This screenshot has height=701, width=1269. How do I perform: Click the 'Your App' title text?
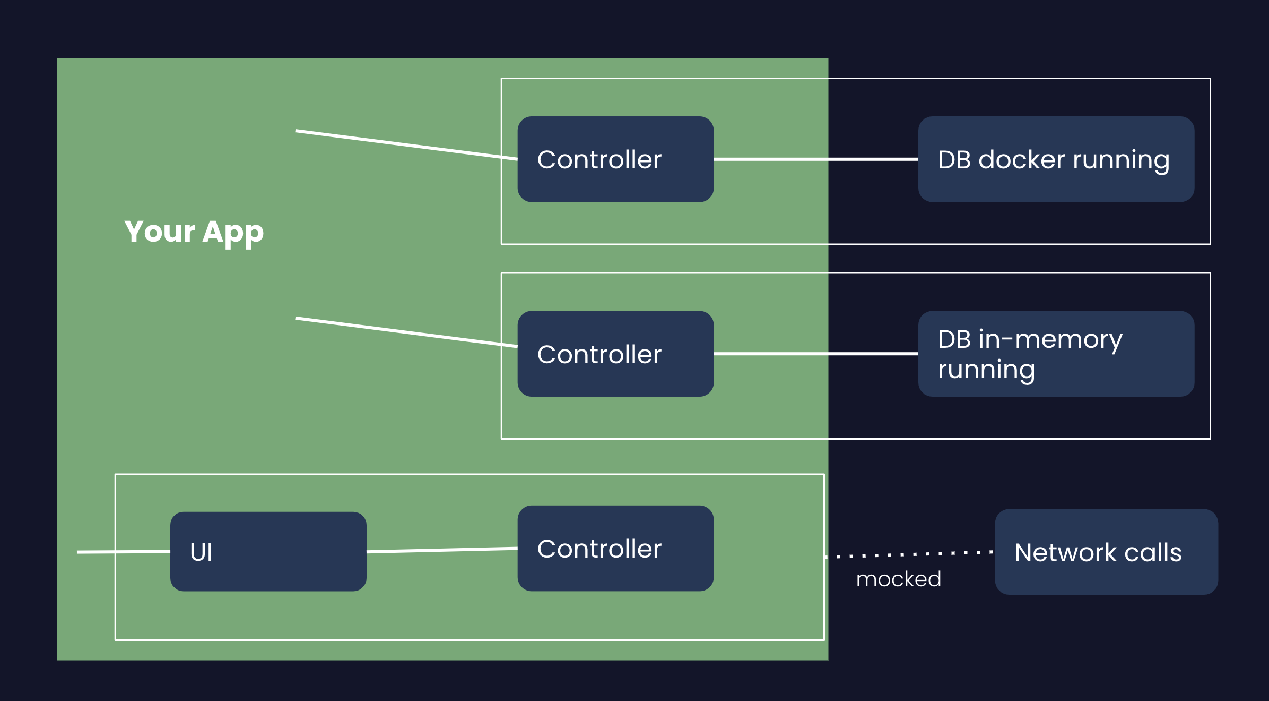pos(194,232)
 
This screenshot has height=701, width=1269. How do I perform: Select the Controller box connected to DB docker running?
pos(615,159)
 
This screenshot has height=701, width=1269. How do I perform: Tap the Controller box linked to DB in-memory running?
pos(615,354)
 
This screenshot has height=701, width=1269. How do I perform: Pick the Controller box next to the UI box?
pos(615,548)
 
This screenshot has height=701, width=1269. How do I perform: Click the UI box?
pos(268,551)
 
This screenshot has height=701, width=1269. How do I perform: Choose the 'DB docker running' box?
pos(1056,159)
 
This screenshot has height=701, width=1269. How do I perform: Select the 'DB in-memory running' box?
pos(1056,354)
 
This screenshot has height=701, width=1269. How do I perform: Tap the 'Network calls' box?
pos(1106,552)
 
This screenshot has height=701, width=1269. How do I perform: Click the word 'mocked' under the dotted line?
pos(899,579)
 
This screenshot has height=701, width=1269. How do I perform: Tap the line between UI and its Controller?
pos(442,550)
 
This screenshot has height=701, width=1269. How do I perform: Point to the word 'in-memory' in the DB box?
pos(1050,339)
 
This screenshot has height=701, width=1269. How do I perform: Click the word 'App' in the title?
pos(233,232)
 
